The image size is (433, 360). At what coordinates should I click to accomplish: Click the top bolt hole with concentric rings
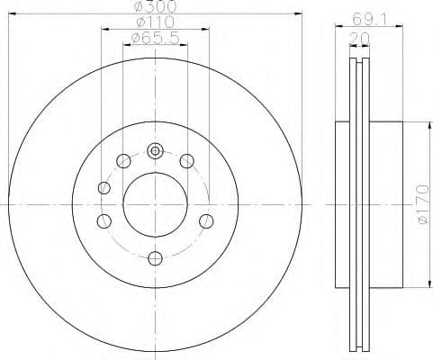pos(155,151)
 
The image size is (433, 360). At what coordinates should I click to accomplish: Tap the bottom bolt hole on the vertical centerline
pos(155,259)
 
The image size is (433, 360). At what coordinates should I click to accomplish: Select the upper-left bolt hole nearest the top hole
pos(122,162)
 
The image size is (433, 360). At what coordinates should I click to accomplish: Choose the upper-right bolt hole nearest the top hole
pos(187,161)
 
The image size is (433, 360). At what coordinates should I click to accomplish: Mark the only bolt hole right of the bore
pos(206,220)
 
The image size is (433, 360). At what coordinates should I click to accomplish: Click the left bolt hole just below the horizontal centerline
pos(104,221)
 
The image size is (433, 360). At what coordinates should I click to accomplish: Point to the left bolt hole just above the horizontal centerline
pos(104,188)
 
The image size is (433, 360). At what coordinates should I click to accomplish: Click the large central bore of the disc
pos(155,205)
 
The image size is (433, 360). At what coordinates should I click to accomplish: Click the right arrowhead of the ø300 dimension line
pos(296,13)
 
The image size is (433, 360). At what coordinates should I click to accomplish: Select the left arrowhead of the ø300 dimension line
pos(14,13)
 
